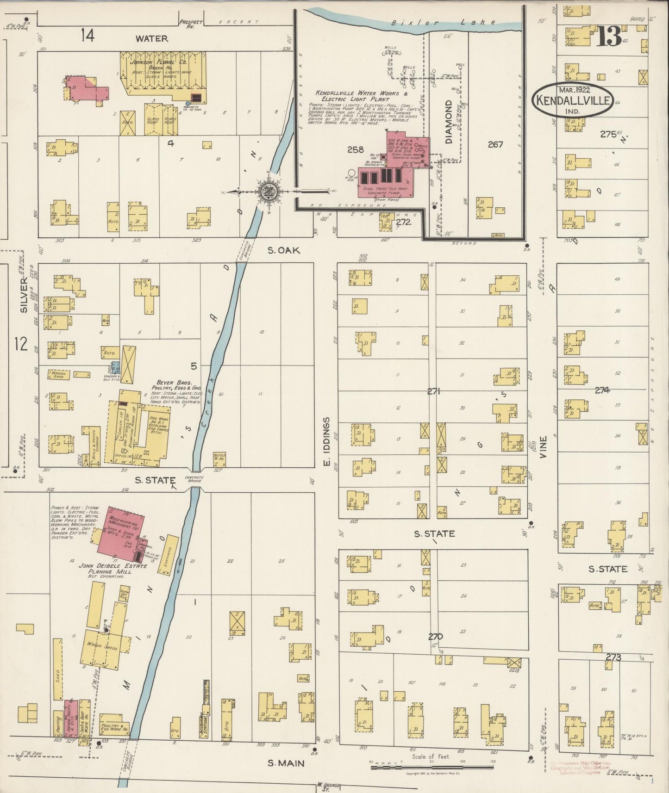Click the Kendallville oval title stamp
coord(573,99)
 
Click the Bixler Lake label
coord(443,22)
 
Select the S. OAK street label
coord(284,250)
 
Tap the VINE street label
coord(544,447)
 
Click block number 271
coord(433,391)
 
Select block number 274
coord(602,390)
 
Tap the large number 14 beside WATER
coord(87,35)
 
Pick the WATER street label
coord(151,38)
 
